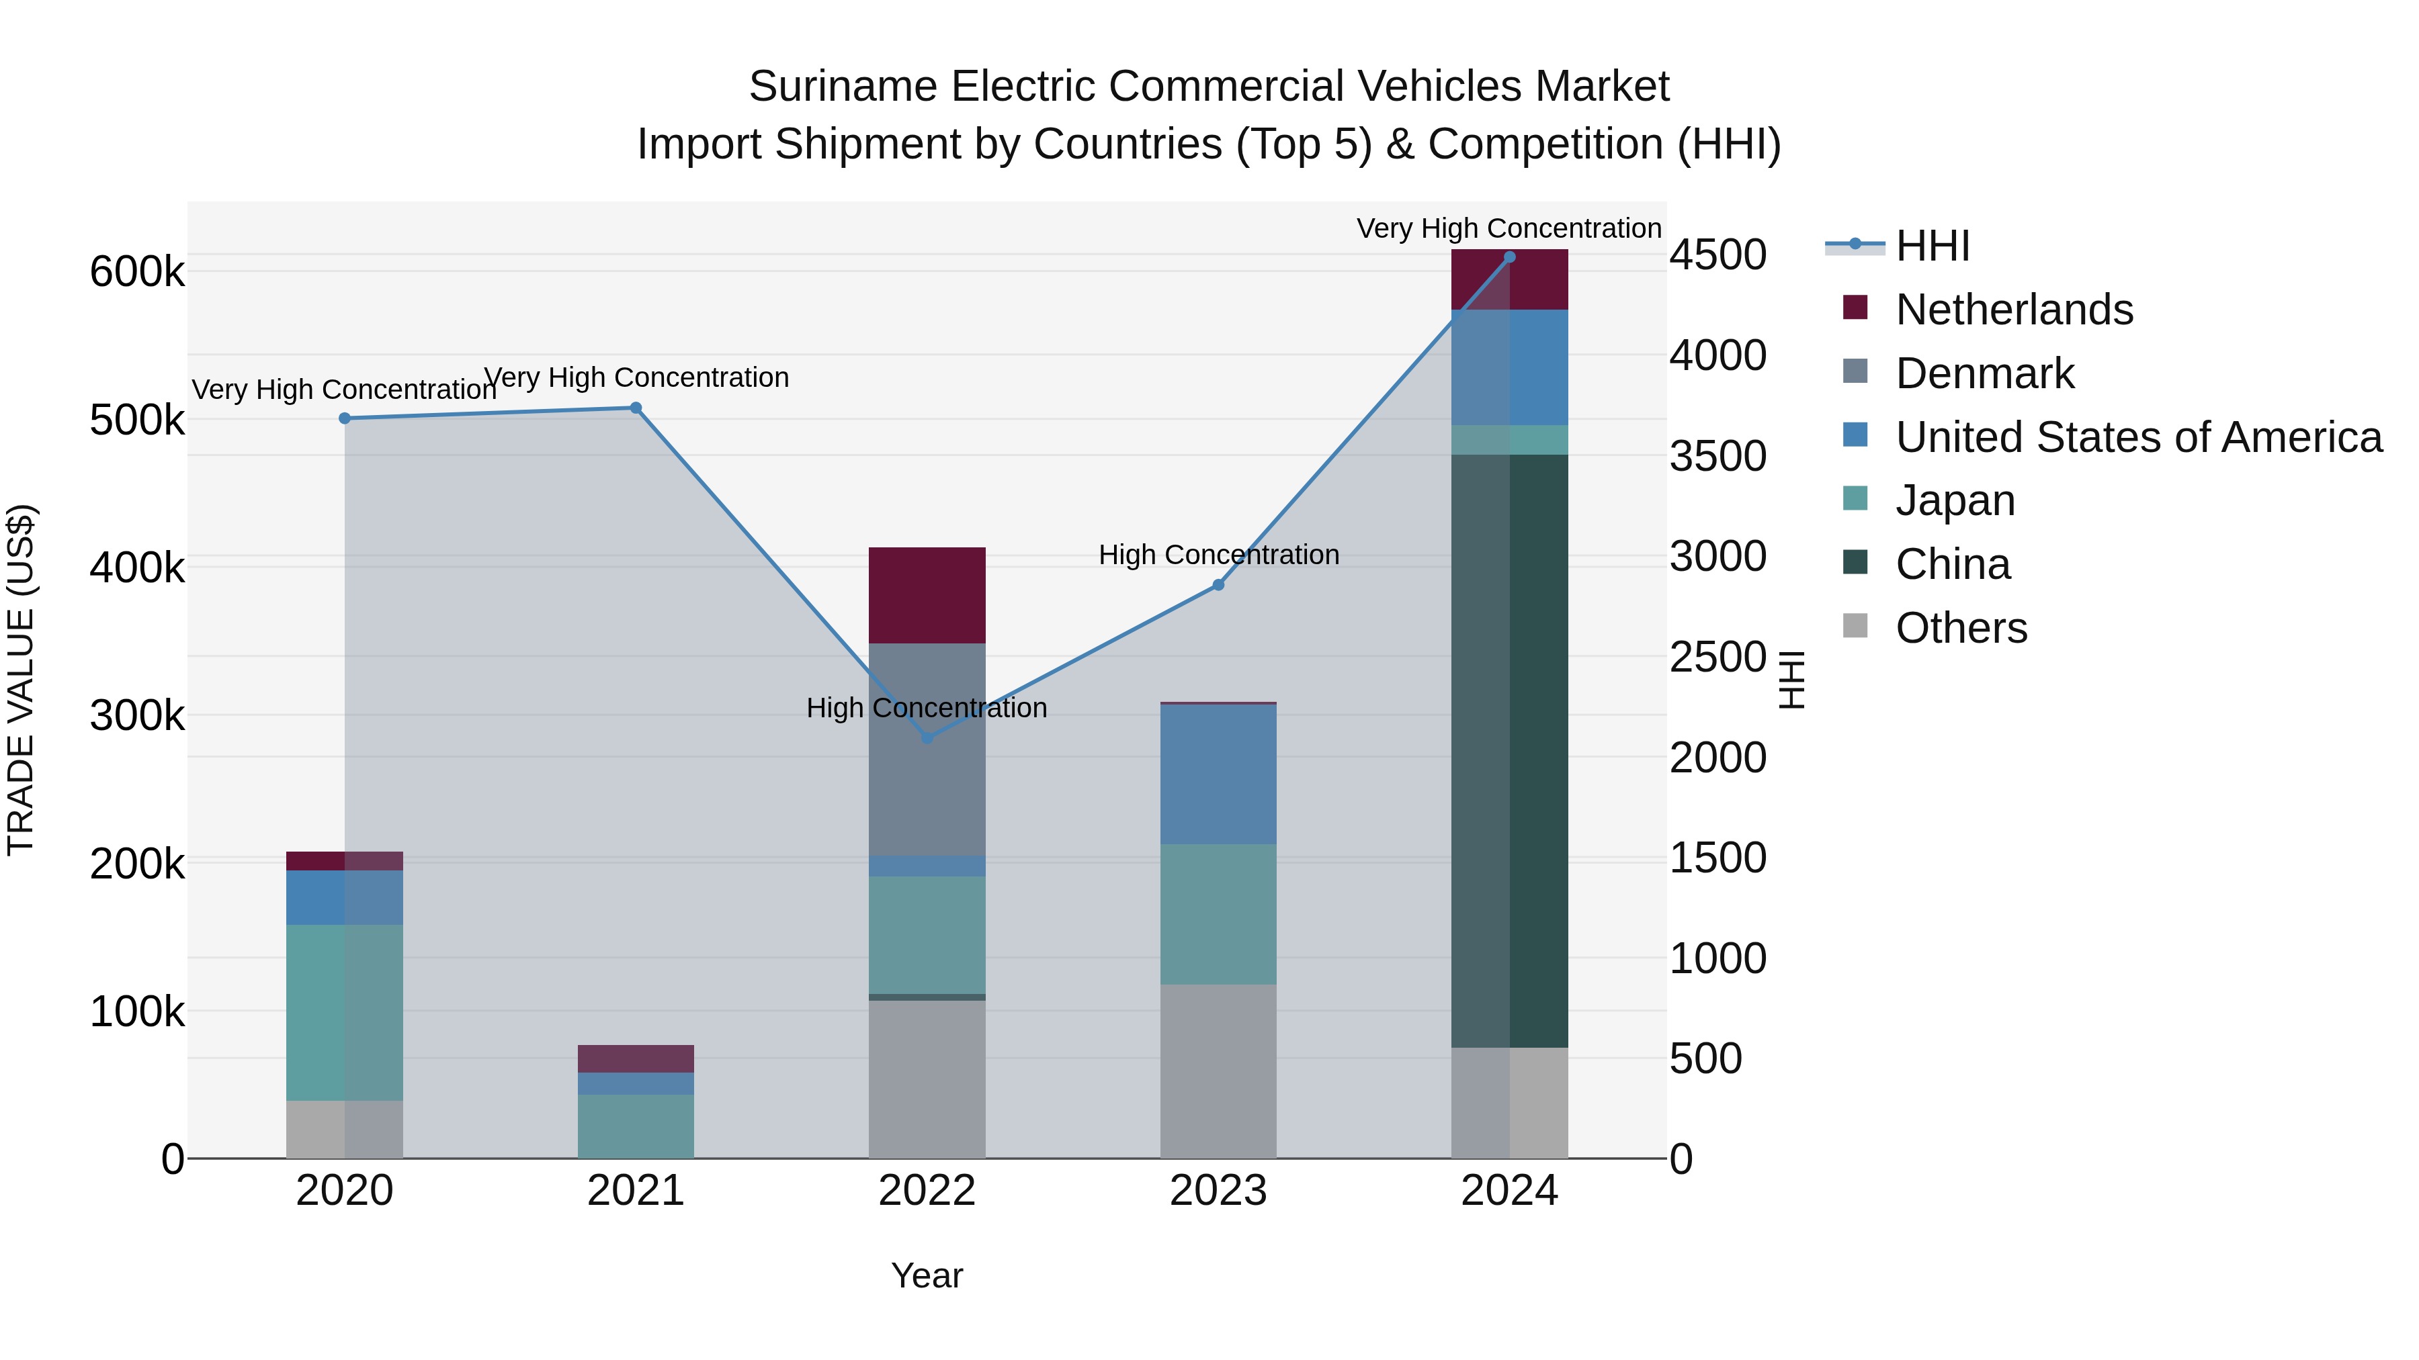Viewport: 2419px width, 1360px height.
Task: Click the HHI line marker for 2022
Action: click(927, 737)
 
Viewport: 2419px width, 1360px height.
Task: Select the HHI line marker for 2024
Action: click(1509, 257)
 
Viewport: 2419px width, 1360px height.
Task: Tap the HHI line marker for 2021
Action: click(636, 408)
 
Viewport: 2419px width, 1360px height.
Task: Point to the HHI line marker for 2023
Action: click(1218, 585)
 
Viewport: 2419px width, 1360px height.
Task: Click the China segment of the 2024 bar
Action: click(1509, 751)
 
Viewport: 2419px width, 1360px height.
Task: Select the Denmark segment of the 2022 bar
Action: click(927, 749)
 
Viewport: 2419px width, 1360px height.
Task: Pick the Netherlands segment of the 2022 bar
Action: click(927, 595)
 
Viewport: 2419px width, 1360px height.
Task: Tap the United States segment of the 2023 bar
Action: click(1218, 774)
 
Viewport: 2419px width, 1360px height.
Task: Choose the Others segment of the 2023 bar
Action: click(1218, 1071)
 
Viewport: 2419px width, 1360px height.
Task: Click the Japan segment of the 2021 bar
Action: click(636, 1126)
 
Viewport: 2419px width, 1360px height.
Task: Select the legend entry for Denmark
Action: click(1984, 373)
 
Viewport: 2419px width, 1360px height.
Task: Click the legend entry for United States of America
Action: click(2137, 437)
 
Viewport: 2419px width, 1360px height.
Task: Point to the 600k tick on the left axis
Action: click(137, 272)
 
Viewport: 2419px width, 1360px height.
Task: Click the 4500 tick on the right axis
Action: click(1717, 255)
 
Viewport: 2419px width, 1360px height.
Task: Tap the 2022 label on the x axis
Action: click(927, 1191)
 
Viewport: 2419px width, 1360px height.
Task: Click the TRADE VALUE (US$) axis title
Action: click(22, 680)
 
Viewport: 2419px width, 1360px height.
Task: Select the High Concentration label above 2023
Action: click(1218, 555)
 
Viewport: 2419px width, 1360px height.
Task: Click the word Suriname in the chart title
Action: click(843, 87)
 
